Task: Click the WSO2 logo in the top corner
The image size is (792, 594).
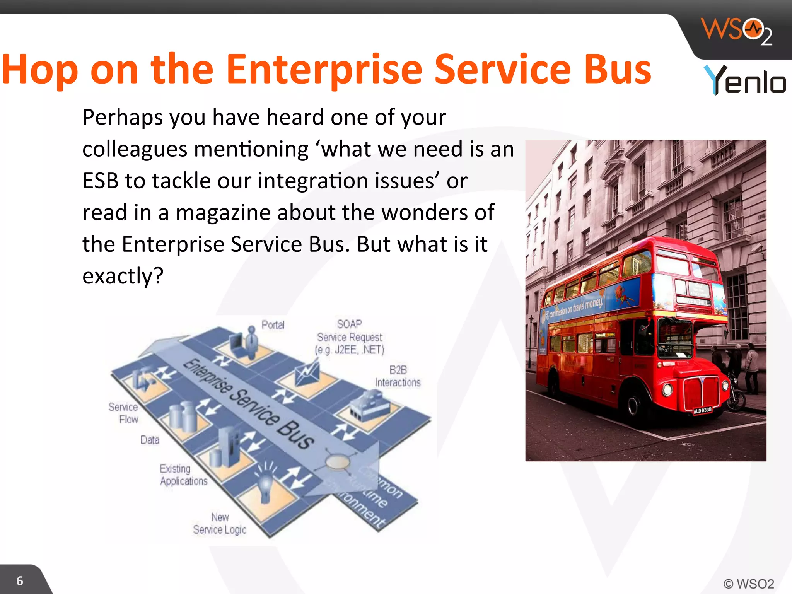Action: [x=736, y=31]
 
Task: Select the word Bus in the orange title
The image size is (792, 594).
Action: [x=617, y=70]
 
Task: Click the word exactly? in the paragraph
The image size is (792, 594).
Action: [x=123, y=276]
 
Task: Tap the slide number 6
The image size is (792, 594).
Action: [x=20, y=581]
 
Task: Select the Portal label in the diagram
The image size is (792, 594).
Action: [x=273, y=325]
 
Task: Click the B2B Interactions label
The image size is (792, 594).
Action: [x=398, y=376]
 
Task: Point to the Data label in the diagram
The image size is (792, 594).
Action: [x=150, y=440]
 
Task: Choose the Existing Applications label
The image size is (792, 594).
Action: [x=183, y=475]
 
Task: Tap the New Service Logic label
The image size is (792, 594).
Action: [x=220, y=523]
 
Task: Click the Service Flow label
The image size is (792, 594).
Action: [x=124, y=413]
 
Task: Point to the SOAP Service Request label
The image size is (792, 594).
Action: [x=350, y=337]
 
